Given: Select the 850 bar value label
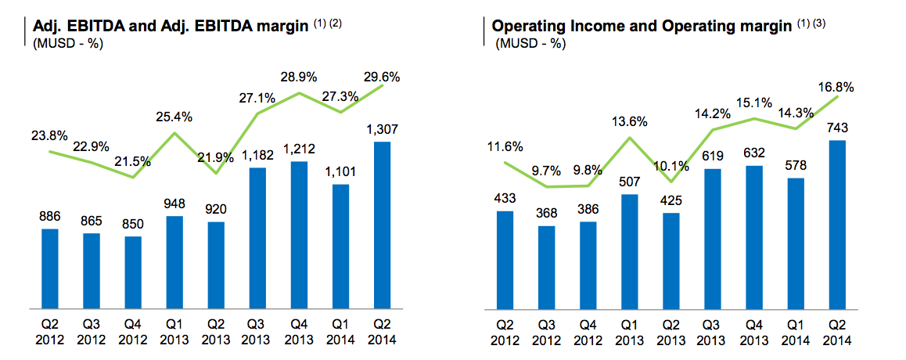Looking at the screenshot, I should click(135, 223).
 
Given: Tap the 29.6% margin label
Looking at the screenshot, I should click(383, 77).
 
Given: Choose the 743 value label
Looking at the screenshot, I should click(837, 128).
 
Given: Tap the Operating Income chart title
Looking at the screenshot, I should click(642, 27).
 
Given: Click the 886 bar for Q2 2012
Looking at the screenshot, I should click(51, 268).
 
